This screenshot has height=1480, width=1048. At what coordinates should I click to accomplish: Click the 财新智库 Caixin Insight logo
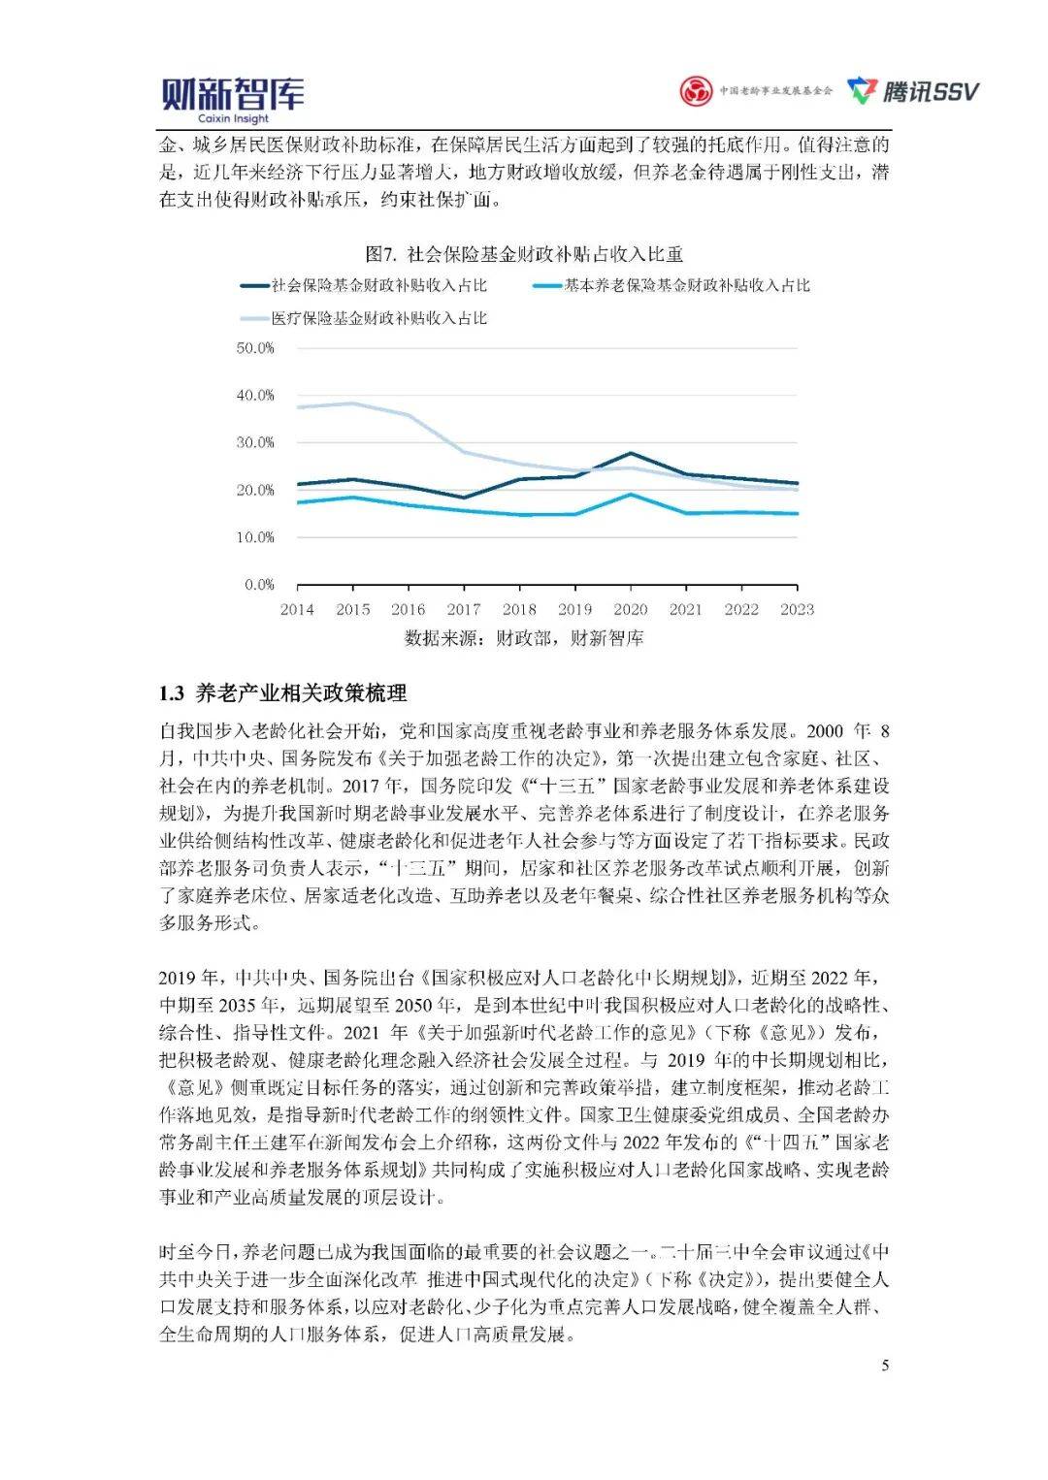[232, 99]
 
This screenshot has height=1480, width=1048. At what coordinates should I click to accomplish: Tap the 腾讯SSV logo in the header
[913, 91]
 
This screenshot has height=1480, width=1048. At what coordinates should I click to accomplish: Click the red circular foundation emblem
[695, 91]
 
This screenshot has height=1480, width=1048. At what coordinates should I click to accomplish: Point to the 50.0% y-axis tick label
[255, 347]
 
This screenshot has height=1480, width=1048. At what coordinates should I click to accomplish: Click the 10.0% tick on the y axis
[255, 537]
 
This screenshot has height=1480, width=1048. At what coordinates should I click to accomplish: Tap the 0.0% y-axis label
[259, 585]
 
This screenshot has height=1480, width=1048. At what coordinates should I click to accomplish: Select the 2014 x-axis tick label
[297, 610]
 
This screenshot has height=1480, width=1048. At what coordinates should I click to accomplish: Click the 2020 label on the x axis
[631, 610]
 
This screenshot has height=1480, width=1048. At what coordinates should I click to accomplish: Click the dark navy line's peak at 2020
[631, 453]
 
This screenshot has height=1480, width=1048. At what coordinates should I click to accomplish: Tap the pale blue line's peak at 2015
[353, 403]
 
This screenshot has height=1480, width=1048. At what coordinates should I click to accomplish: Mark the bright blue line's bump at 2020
[631, 495]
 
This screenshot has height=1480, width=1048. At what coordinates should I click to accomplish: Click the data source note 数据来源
[524, 638]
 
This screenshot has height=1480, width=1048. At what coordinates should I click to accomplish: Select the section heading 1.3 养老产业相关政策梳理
[283, 693]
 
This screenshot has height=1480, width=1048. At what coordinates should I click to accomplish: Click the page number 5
[885, 1366]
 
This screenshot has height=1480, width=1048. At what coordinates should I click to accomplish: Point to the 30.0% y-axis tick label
[255, 442]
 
